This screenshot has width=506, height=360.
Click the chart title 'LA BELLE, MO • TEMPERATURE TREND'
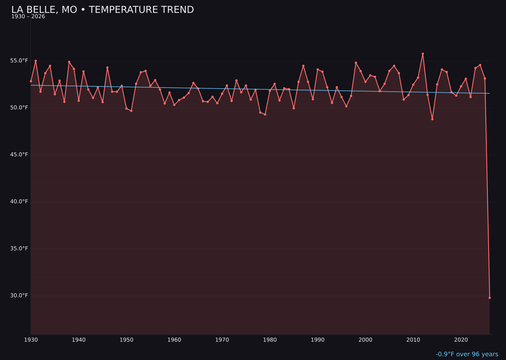(102, 10)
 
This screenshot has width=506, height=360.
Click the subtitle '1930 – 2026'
(28, 17)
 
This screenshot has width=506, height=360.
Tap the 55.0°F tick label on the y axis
(19, 61)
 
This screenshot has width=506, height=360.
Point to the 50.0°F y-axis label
(19, 108)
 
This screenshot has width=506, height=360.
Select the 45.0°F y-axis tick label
(19, 155)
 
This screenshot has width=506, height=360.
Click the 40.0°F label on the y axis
(19, 202)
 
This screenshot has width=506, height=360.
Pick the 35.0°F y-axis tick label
(19, 248)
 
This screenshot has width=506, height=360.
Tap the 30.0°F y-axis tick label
(19, 295)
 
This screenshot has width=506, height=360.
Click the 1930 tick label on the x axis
(31, 340)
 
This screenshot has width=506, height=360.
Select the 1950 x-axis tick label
(126, 340)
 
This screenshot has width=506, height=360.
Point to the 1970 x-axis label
(222, 340)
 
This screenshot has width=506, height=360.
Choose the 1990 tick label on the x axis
(318, 340)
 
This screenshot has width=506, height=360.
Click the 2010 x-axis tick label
(413, 340)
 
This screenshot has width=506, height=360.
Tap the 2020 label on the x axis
(461, 340)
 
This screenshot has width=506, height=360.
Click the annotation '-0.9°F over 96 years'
(467, 354)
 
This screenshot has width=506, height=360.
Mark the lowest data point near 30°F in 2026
(490, 298)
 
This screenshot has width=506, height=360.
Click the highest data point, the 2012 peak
(423, 54)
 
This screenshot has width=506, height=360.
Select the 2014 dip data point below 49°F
(432, 119)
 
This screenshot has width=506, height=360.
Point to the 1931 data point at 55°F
(36, 61)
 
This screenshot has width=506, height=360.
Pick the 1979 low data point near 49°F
(265, 114)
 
